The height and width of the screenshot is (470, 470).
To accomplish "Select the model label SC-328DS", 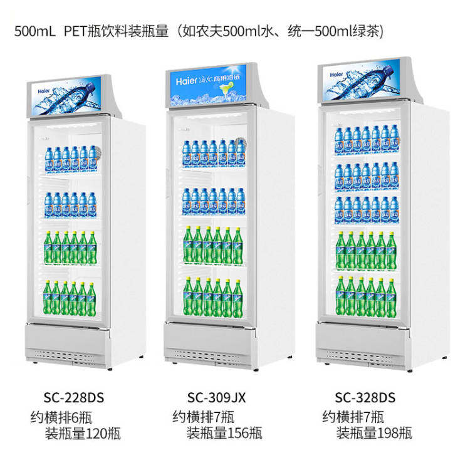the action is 365,397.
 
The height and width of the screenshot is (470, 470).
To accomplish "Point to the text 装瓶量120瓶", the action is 83,432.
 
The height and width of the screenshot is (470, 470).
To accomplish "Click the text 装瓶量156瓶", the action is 224,432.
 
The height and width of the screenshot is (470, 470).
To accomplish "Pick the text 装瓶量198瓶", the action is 374,432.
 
